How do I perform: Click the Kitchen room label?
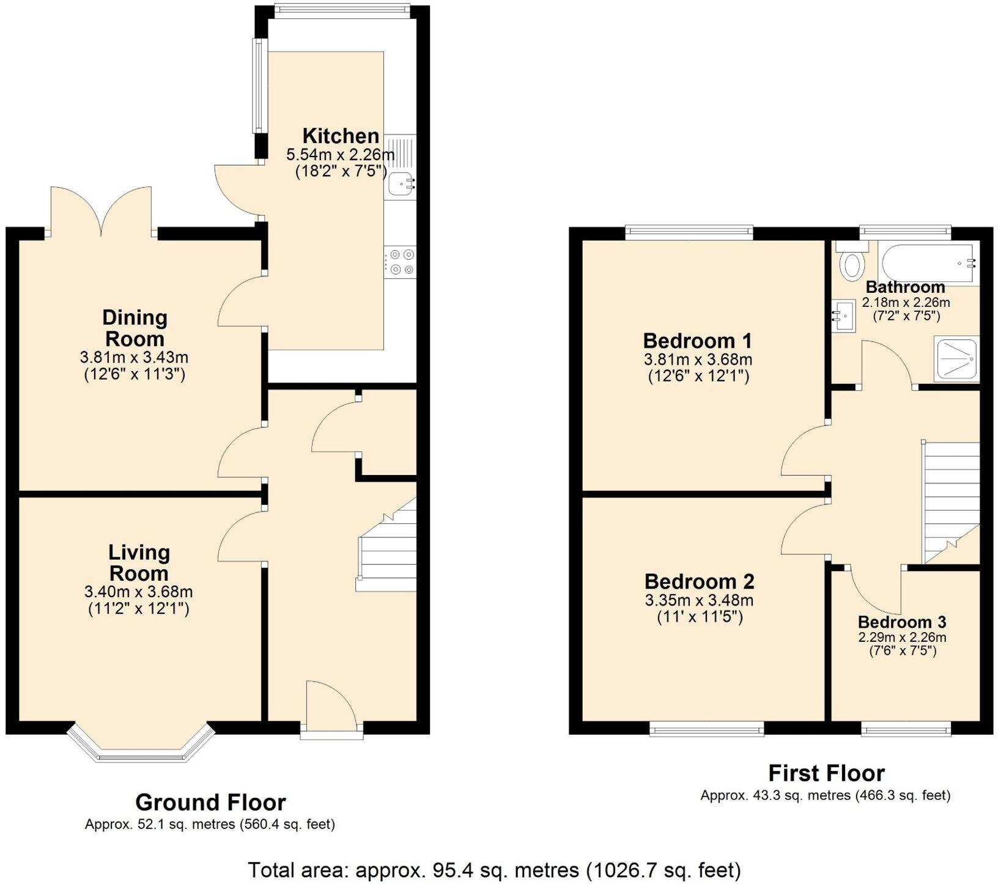341,136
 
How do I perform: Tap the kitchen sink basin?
400,182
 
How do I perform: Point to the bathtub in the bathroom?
927,263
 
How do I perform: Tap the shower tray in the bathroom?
957,359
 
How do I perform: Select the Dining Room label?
134,328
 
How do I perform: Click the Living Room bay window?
141,748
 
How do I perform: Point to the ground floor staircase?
386,553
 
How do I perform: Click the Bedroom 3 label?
902,622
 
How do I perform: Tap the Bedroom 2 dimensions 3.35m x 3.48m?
699,601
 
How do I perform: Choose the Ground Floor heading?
210,802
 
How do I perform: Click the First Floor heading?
826,773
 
